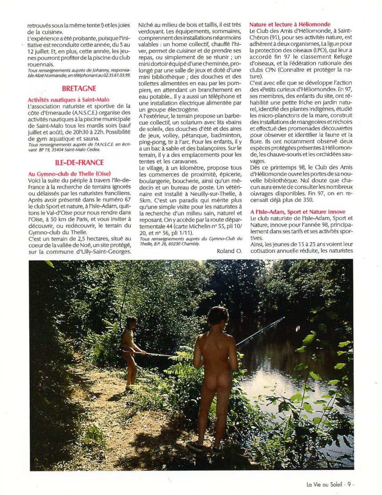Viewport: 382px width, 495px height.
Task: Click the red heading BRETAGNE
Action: click(80, 88)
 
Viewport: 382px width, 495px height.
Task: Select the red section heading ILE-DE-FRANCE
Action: click(80, 162)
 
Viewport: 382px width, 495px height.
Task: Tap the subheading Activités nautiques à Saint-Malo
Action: click(68, 100)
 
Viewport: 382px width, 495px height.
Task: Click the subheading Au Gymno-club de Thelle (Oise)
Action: click(69, 173)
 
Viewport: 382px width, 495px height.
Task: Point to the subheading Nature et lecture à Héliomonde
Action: click(290, 24)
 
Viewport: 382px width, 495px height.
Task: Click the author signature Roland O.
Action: click(229, 251)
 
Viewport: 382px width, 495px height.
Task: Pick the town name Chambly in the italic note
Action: click(190, 244)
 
